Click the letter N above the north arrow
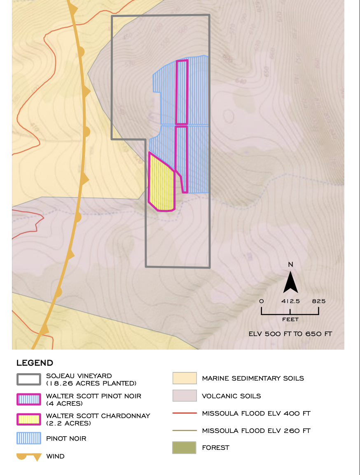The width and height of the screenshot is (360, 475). (x=290, y=264)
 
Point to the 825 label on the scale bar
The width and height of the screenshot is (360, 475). (x=318, y=301)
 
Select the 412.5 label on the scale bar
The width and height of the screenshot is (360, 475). (x=290, y=301)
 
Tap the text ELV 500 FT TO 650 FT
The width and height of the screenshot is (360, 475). (x=290, y=334)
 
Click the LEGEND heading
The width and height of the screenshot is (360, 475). (x=35, y=363)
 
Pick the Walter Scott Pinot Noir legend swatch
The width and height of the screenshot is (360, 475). (x=28, y=399)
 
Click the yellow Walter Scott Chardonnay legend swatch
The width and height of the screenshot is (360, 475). (x=28, y=419)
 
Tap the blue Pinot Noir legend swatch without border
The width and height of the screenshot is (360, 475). (x=28, y=438)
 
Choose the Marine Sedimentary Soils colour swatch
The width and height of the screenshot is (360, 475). (x=184, y=378)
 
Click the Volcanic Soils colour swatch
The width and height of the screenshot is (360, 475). (x=184, y=396)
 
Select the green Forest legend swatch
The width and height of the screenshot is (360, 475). (x=184, y=447)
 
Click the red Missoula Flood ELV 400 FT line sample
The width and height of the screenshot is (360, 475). (x=184, y=413)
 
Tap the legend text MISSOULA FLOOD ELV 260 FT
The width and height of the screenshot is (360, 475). (x=256, y=430)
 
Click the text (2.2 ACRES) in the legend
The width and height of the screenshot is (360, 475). (x=68, y=423)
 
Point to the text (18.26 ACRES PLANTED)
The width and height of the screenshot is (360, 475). (x=91, y=383)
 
